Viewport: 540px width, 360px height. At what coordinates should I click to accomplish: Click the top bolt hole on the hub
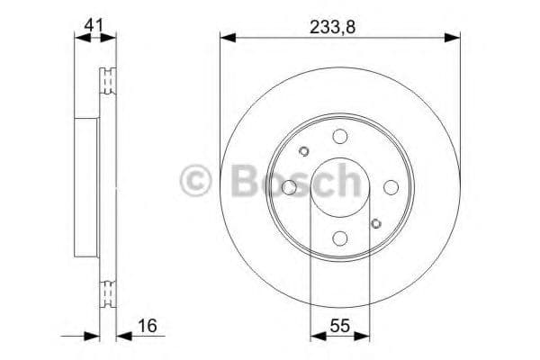(339, 136)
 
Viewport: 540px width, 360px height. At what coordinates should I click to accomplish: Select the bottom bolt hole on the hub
(339, 238)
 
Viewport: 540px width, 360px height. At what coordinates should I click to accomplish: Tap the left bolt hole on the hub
(289, 187)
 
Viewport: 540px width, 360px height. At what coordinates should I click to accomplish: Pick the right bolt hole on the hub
(391, 187)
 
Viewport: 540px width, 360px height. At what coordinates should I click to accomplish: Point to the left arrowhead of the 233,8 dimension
(227, 38)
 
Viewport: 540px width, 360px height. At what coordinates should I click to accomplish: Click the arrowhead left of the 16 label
(91, 336)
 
